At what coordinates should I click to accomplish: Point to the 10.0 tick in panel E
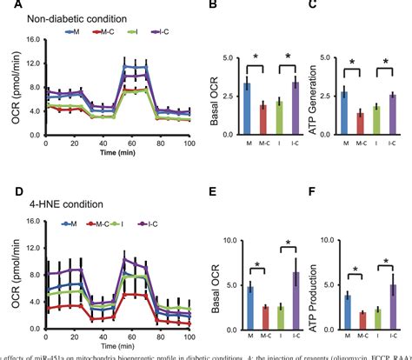click(229, 240)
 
